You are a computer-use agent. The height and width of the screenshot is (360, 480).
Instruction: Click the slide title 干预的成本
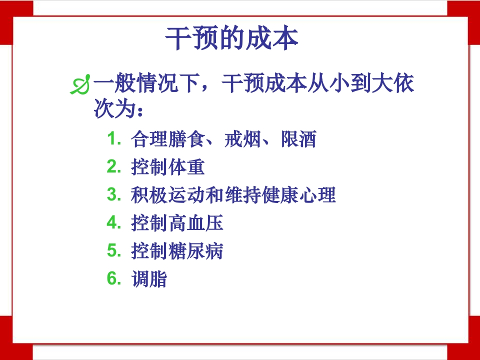[231, 39]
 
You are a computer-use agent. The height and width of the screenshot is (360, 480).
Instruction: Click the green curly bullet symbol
[81, 85]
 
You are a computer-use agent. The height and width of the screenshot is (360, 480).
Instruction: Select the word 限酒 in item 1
[298, 139]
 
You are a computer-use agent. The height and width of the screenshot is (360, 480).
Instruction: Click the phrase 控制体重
[168, 167]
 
